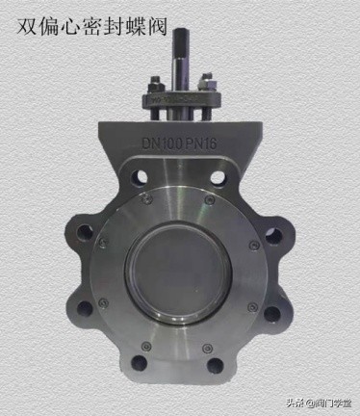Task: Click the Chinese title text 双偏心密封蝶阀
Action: coord(91,26)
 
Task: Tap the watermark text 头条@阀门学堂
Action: coord(319,403)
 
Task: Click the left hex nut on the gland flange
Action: coord(156,87)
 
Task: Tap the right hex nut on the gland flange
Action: coord(208,84)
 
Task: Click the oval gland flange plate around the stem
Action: coord(182,100)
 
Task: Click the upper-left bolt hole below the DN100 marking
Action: coord(140,176)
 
